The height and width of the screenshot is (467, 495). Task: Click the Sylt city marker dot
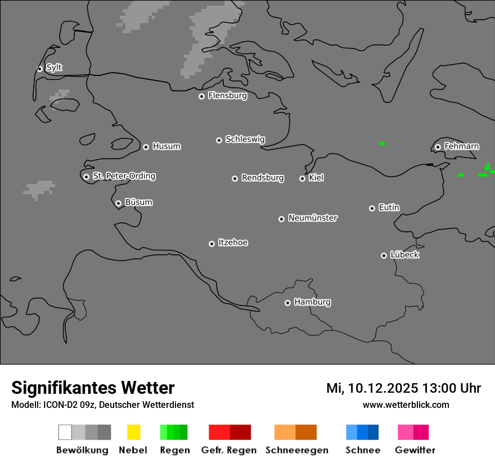click(39, 69)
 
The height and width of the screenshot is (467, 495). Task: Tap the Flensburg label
click(227, 96)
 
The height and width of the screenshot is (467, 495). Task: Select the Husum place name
click(166, 146)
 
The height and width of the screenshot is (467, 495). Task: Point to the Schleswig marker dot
click(219, 140)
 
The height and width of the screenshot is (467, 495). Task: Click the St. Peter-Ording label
click(124, 176)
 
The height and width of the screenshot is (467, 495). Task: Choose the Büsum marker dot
click(118, 203)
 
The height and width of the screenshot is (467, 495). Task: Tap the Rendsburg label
click(263, 178)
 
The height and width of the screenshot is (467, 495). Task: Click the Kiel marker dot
click(302, 178)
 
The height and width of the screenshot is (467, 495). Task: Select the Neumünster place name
click(313, 218)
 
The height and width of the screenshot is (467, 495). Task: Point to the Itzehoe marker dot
click(211, 244)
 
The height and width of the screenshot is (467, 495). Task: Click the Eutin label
click(389, 208)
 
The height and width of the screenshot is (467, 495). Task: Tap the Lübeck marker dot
click(384, 255)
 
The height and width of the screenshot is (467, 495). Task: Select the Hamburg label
click(312, 302)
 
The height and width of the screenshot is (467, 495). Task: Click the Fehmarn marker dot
click(438, 147)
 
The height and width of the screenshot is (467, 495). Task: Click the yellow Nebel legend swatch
click(133, 432)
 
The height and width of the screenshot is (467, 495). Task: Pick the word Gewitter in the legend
click(415, 450)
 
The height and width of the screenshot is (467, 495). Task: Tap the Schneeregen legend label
click(297, 450)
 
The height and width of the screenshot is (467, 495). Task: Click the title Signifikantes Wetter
click(93, 388)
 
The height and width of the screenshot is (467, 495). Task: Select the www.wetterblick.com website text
click(406, 405)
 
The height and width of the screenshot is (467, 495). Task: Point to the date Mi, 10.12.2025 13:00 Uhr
click(403, 388)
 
